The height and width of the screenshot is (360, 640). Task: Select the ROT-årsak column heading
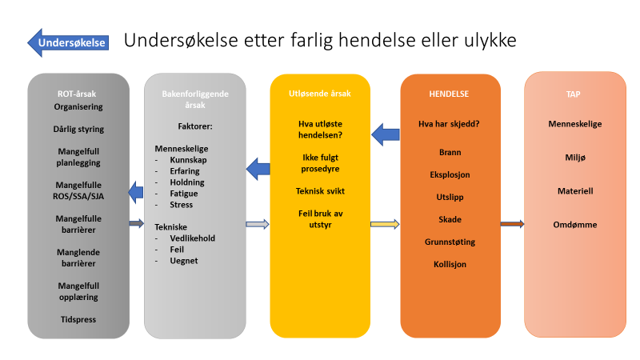(77, 94)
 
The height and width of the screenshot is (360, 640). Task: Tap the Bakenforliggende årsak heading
(195, 99)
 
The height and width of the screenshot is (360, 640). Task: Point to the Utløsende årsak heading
(319, 94)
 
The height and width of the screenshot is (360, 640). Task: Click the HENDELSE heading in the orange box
(449, 94)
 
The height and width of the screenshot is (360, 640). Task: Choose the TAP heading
(573, 94)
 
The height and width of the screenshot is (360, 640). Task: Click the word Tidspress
(78, 319)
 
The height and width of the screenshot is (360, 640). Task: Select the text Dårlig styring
(78, 129)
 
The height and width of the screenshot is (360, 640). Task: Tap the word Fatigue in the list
(184, 194)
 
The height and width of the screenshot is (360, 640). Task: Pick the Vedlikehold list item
(192, 238)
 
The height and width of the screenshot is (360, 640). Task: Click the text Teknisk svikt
(320, 191)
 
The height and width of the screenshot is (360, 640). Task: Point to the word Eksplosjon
(450, 174)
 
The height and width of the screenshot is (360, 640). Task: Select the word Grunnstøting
(450, 242)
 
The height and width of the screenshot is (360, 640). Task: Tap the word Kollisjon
(450, 264)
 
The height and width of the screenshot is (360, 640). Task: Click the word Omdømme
(575, 225)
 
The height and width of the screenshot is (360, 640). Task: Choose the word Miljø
(575, 158)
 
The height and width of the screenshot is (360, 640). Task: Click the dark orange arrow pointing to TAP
(512, 224)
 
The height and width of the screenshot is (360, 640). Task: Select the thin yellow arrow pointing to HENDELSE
(385, 224)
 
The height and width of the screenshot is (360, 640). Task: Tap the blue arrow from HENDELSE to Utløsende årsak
(386, 134)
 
